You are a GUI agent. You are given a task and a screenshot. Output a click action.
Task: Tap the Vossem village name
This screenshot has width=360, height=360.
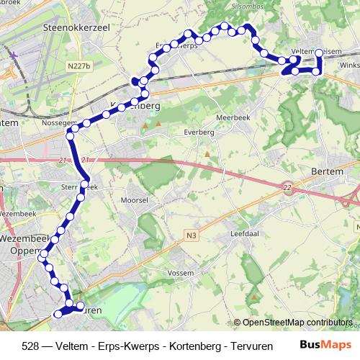click(181, 274)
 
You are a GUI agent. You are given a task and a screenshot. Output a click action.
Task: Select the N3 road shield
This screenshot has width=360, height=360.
click(189, 235)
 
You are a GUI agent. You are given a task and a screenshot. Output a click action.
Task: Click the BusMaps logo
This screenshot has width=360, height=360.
click(325, 345)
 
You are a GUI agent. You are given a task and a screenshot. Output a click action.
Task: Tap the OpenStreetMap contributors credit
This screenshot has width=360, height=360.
click(297, 323)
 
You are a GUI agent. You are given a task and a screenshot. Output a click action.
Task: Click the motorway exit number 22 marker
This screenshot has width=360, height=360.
click(287, 187)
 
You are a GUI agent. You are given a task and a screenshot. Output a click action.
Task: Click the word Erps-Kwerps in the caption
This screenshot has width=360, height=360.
click(120, 346)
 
